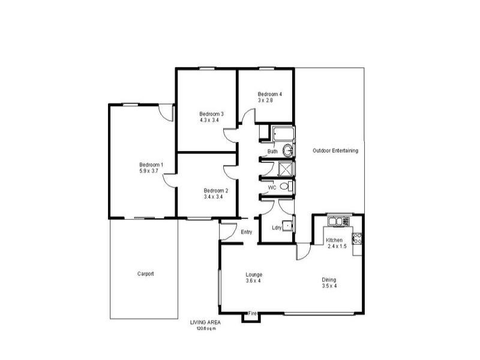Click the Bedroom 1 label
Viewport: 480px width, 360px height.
pyautogui.click(x=151, y=165)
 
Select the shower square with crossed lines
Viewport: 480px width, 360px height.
pyautogui.click(x=287, y=169)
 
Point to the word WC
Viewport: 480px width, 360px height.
pyautogui.click(x=272, y=188)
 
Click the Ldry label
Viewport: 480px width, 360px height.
pyautogui.click(x=277, y=227)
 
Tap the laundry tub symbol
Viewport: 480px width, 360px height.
pyautogui.click(x=289, y=226)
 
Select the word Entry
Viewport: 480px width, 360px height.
pyautogui.click(x=246, y=232)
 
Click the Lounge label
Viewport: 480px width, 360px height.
pyautogui.click(x=254, y=275)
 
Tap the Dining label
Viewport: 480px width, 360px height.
pyautogui.click(x=329, y=280)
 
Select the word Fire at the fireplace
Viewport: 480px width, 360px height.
pyautogui.click(x=253, y=313)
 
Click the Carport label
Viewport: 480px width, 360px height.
pyautogui.click(x=145, y=274)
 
